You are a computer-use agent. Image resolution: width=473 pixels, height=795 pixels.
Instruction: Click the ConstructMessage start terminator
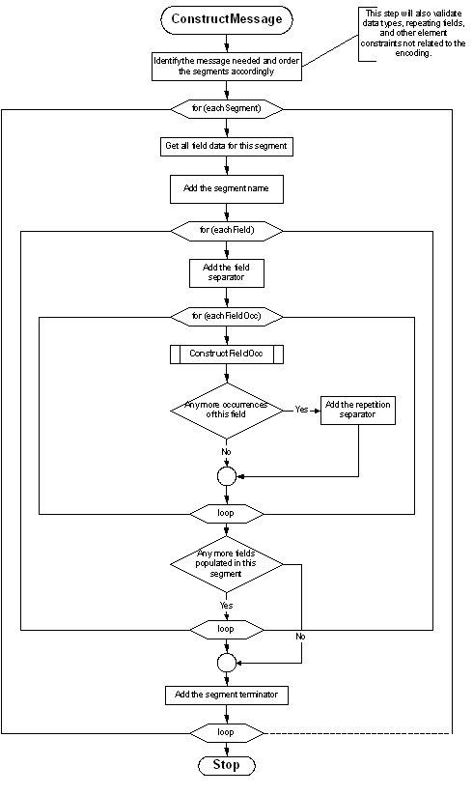[226, 19]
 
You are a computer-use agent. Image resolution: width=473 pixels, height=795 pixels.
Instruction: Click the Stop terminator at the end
[226, 765]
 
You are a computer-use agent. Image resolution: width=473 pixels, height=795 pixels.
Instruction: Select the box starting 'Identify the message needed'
[227, 66]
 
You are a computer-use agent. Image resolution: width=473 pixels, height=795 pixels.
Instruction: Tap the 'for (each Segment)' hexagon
[227, 108]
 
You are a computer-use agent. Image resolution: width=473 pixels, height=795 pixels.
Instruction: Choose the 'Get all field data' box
[226, 146]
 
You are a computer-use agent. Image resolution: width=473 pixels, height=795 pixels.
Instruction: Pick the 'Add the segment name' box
[226, 188]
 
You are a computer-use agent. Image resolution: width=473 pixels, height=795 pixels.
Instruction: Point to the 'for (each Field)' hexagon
[226, 231]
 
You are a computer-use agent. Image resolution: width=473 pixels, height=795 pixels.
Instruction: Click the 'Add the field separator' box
[226, 272]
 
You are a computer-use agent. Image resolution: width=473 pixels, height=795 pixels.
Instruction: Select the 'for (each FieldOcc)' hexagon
[226, 316]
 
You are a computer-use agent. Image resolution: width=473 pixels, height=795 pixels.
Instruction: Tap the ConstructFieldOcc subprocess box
[226, 354]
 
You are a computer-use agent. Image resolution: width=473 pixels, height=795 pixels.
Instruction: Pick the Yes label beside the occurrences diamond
[301, 410]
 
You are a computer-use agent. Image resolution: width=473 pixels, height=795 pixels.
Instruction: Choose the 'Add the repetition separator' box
[358, 410]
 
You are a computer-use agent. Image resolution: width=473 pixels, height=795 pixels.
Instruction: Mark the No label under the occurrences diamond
[226, 451]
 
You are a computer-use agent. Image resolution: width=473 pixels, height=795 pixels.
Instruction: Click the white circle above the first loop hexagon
[227, 476]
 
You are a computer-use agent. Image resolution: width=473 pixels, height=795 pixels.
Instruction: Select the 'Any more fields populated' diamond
[226, 563]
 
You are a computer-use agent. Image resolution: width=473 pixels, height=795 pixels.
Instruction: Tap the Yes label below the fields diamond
[226, 606]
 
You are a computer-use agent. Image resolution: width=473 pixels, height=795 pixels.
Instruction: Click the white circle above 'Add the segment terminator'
[227, 663]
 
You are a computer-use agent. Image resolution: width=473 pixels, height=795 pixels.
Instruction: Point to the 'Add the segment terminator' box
[226, 695]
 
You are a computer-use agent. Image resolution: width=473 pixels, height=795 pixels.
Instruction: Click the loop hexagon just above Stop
[226, 732]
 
